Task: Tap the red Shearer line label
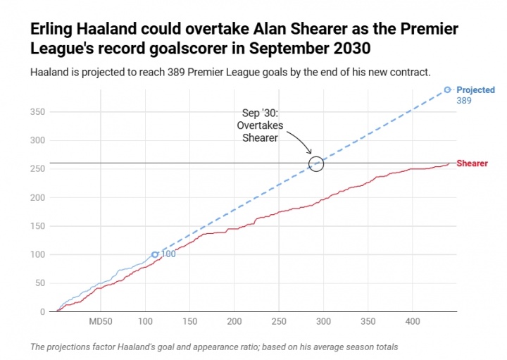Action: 472,163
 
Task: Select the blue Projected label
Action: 476,90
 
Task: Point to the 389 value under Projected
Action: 463,101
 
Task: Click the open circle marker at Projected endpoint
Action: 447,90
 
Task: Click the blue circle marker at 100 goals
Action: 155,254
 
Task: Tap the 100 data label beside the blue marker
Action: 168,254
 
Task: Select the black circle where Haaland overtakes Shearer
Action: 316,164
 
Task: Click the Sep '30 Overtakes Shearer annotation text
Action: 260,125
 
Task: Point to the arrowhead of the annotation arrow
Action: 311,154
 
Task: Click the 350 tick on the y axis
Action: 38,113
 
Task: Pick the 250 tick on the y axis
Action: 38,169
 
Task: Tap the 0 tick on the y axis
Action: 43,311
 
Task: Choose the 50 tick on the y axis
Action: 41,283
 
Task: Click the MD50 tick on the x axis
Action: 101,322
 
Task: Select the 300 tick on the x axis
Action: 323,322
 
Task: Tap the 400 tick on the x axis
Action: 412,322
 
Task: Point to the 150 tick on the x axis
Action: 189,322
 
